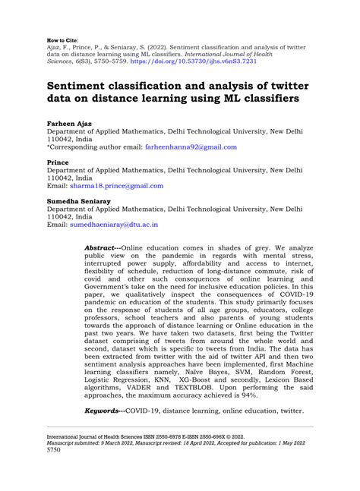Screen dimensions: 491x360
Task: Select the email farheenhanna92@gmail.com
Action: (188, 146)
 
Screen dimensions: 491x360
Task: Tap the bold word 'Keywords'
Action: (104, 411)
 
